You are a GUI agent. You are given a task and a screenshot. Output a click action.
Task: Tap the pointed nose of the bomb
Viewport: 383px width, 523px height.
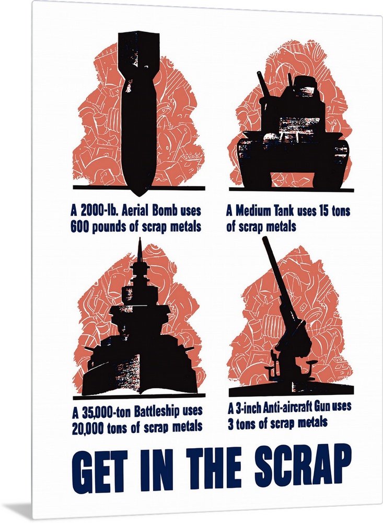pyautogui.click(x=138, y=196)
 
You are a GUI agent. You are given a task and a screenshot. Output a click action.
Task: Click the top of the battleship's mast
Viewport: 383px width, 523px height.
pyautogui.click(x=140, y=238)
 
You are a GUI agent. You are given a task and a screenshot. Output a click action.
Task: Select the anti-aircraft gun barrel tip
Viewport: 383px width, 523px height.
pyautogui.click(x=264, y=238)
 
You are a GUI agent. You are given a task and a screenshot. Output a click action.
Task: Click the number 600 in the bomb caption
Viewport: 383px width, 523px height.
pyautogui.click(x=79, y=227)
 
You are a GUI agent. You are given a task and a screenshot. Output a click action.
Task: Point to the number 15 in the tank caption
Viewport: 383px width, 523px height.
pyautogui.click(x=324, y=211)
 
